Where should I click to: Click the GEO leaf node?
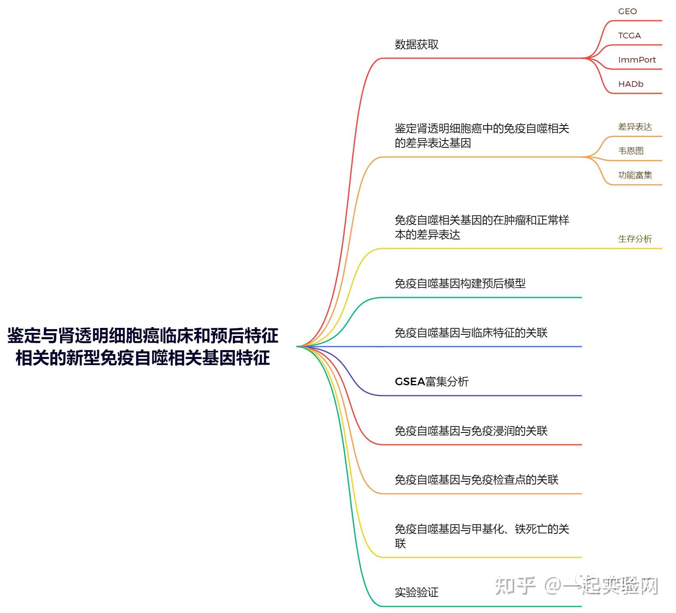627,11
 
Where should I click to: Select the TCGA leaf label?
629,36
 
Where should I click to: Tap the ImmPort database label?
636,60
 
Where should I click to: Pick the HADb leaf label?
630,84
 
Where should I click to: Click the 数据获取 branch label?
416,44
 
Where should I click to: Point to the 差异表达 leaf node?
635,127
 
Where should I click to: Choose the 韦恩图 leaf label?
631,151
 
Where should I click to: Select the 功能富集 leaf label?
635,175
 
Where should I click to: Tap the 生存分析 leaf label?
635,239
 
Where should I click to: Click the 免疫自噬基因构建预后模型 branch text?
460,283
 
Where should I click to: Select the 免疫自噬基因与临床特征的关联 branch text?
471,333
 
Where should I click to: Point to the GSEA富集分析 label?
431,382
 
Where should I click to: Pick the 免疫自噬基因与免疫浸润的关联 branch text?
471,431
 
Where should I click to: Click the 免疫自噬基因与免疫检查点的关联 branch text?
476,480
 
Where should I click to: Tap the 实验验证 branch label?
416,592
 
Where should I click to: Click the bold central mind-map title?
143,346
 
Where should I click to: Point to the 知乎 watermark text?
515,586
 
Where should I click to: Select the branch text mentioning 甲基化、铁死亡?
481,535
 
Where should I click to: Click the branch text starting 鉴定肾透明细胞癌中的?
481,136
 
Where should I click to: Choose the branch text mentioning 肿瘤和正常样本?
481,227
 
